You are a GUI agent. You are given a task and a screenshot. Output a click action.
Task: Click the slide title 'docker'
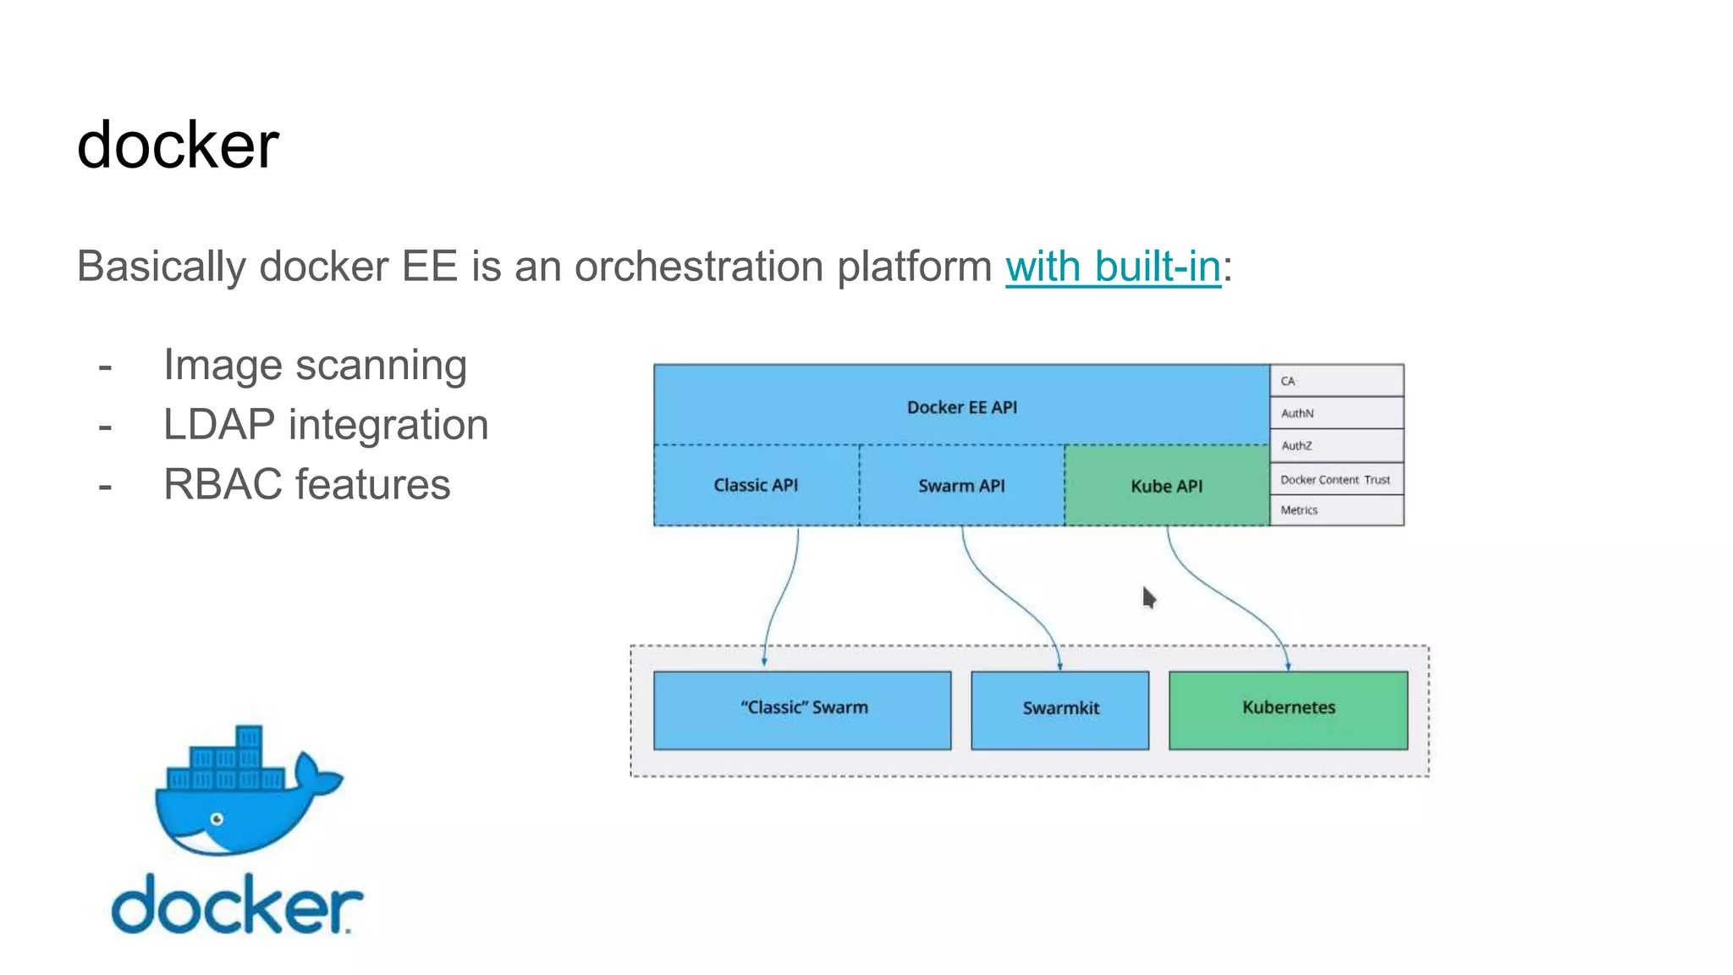[178, 146]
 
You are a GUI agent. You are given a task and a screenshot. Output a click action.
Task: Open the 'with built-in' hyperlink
[1113, 267]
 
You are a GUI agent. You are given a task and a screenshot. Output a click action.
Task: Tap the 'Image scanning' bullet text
[315, 365]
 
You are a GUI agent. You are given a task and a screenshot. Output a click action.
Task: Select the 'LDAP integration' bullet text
[326, 425]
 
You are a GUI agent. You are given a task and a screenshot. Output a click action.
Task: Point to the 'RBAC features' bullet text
[306, 485]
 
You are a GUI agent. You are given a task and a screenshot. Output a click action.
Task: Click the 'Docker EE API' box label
[961, 407]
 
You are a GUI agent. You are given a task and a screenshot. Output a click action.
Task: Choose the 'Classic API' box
[756, 485]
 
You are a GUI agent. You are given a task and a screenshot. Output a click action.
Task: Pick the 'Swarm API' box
[961, 486]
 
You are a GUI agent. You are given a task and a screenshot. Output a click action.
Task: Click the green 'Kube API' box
[1166, 486]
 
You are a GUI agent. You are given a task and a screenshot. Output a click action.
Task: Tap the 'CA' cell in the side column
[1336, 381]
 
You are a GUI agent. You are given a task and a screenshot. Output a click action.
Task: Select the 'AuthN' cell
[1336, 413]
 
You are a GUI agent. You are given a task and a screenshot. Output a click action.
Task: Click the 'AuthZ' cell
[1336, 445]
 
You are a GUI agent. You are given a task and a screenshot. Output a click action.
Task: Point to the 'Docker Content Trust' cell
[1335, 479]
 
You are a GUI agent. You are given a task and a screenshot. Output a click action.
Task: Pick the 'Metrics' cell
[1335, 510]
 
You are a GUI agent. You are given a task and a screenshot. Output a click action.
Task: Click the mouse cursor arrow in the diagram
[1148, 598]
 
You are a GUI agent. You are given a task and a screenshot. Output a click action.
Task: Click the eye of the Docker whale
[217, 818]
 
